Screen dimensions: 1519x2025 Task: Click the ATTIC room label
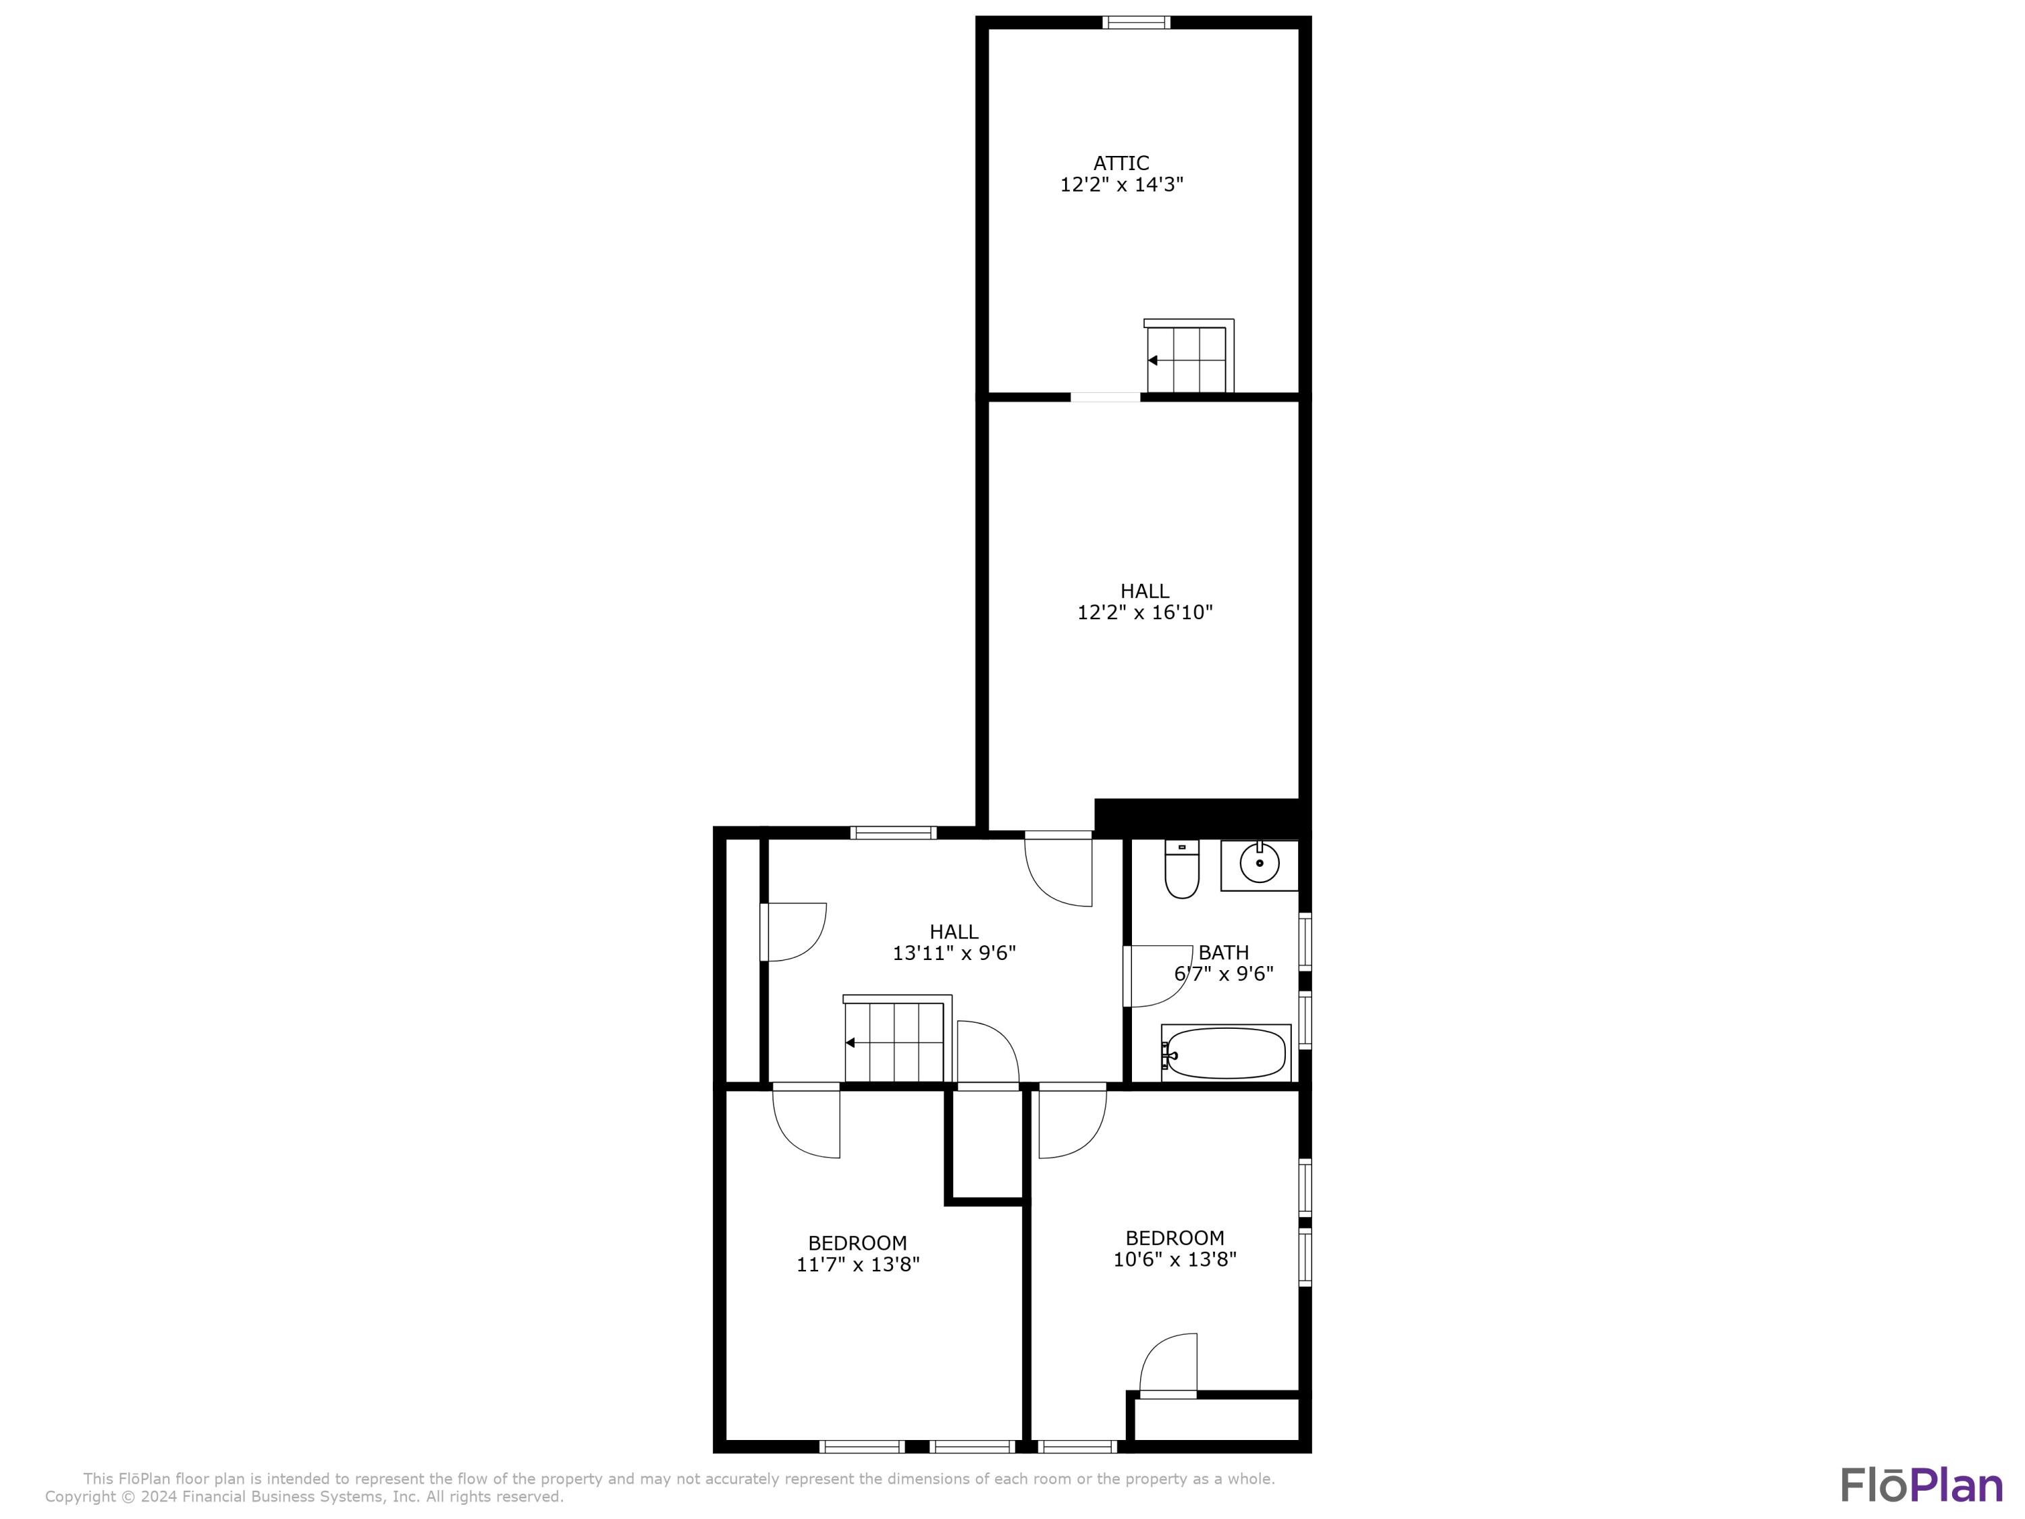coord(1120,163)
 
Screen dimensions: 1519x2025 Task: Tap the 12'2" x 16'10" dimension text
coord(1144,612)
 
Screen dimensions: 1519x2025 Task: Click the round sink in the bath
coord(1260,863)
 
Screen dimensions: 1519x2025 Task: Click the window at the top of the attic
coord(1136,23)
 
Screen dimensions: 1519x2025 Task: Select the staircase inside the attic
coord(1187,358)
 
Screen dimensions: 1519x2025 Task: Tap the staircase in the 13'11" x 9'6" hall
coord(894,1041)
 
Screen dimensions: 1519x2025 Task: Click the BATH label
coord(1223,952)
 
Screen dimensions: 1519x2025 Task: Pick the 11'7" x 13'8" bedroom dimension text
coord(858,1264)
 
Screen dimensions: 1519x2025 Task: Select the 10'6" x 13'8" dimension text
coord(1174,1259)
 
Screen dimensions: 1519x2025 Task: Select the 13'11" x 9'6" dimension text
coord(954,953)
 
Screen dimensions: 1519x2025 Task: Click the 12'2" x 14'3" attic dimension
coord(1121,185)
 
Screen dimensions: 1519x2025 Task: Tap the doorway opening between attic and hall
coord(1105,398)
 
